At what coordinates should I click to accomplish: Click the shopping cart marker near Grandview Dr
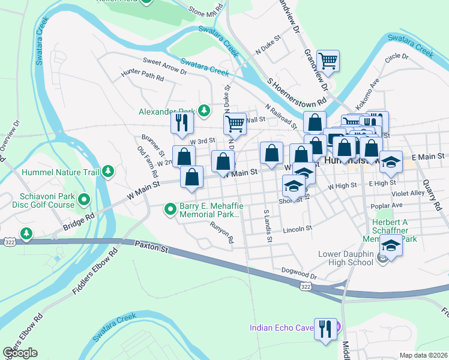pyautogui.click(x=328, y=61)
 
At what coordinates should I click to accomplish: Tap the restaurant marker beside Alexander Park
pyautogui.click(x=181, y=123)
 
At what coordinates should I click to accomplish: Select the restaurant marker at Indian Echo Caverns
pyautogui.click(x=325, y=328)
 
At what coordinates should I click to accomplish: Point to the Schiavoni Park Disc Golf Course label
pyautogui.click(x=48, y=200)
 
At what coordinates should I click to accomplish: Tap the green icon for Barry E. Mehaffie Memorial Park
pyautogui.click(x=171, y=209)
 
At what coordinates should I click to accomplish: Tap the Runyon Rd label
pyautogui.click(x=221, y=233)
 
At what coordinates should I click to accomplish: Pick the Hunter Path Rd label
pyautogui.click(x=142, y=77)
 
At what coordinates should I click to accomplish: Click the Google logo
pyautogui.click(x=20, y=353)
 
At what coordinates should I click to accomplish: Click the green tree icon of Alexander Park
pyautogui.click(x=204, y=110)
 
